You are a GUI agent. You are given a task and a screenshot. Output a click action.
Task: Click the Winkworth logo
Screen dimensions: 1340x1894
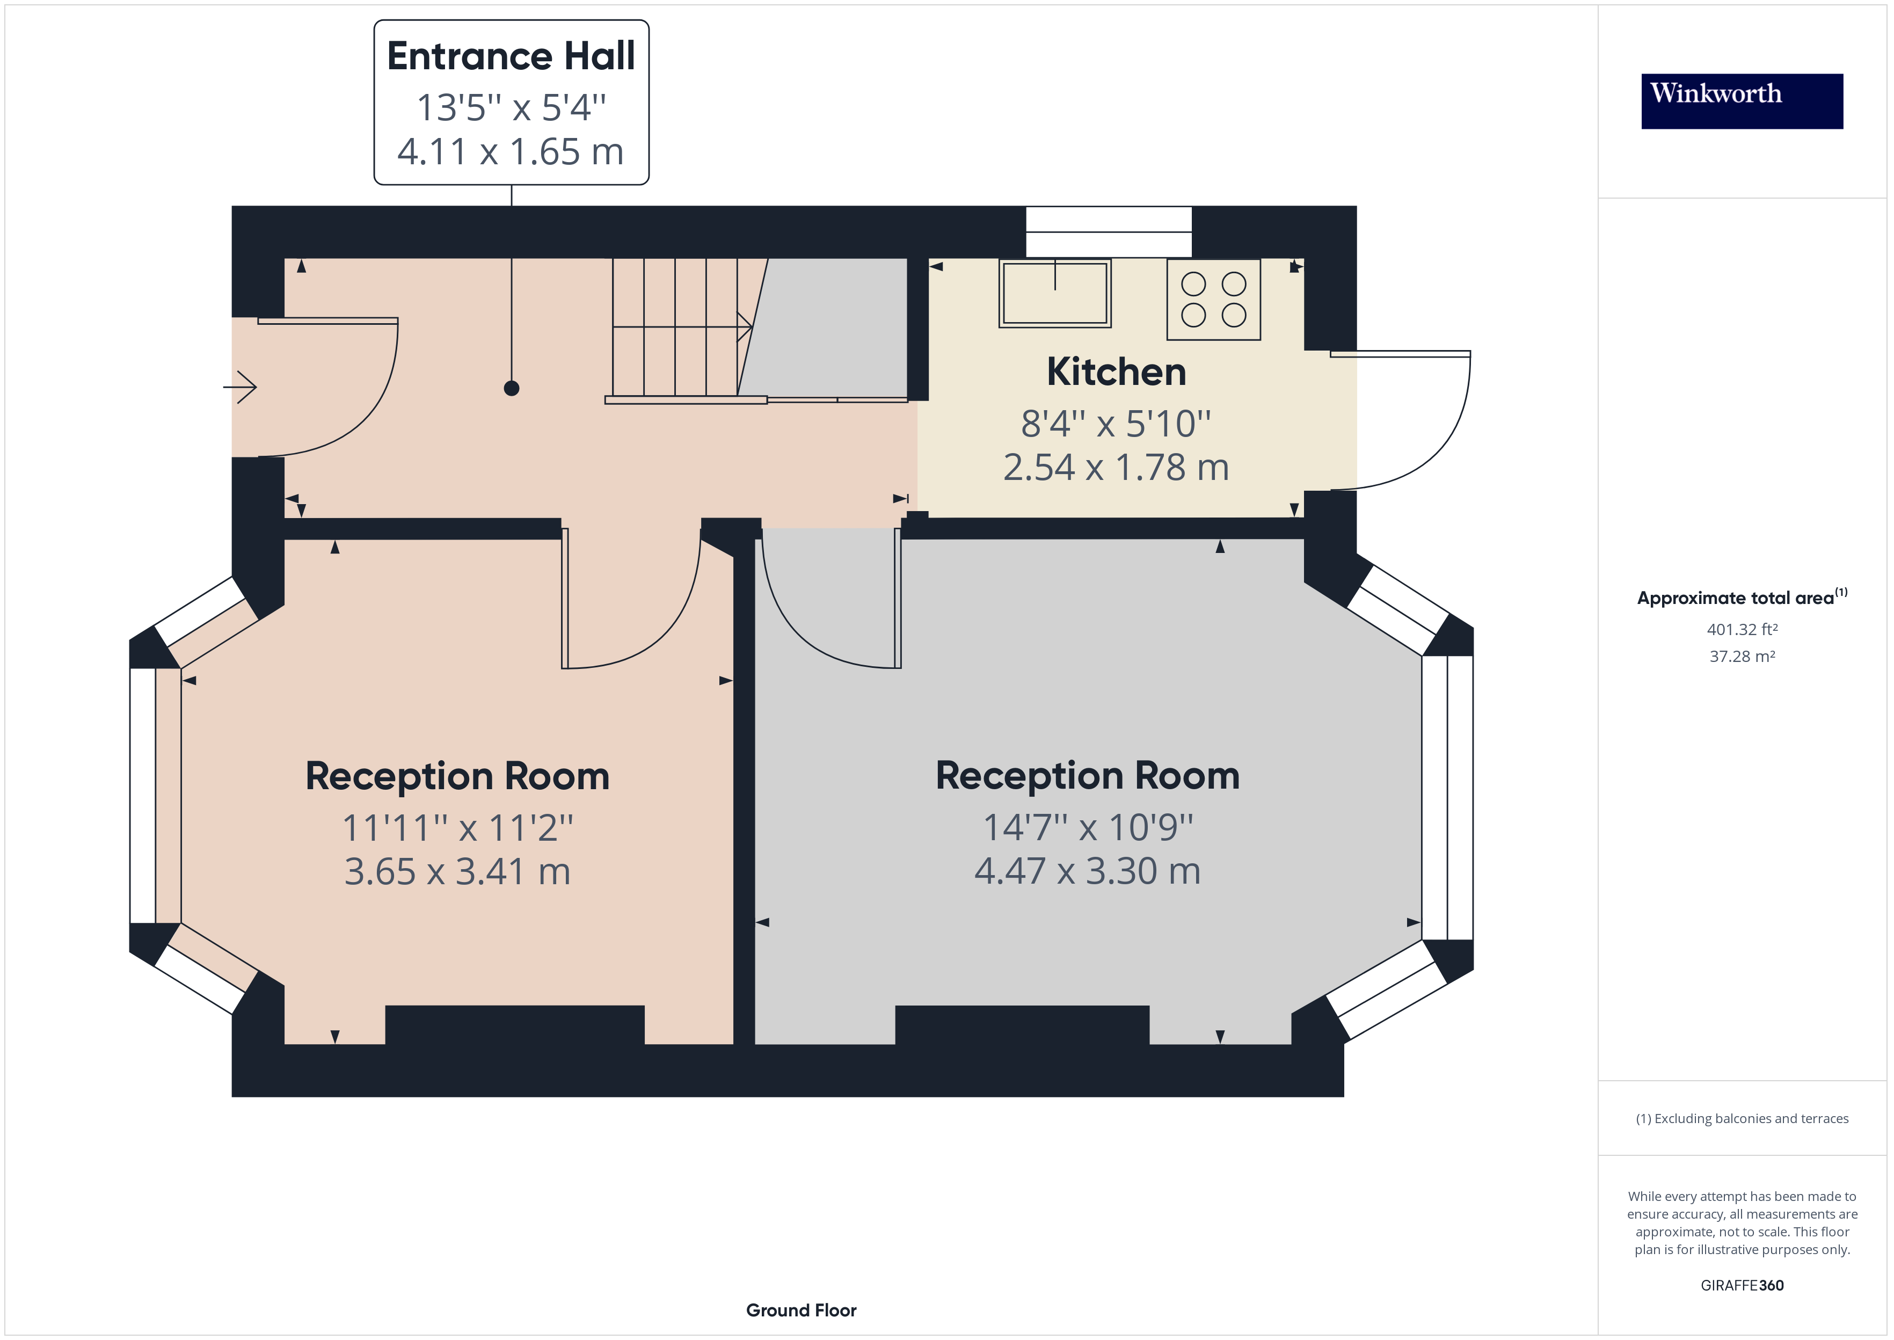(1742, 101)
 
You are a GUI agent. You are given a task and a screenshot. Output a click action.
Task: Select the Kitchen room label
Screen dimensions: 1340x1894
(1116, 372)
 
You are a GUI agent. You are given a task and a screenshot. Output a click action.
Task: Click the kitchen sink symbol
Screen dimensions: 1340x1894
(1054, 294)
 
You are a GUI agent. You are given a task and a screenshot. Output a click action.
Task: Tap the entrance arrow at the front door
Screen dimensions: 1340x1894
(241, 387)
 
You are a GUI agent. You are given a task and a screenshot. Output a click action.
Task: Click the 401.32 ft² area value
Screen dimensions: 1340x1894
(1742, 630)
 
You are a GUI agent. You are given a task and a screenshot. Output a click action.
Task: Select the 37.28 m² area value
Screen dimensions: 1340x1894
(1742, 657)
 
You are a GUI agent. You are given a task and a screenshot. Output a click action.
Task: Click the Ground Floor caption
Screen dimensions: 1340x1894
(801, 1310)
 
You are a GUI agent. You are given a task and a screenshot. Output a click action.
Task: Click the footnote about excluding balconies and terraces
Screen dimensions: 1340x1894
(1742, 1119)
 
